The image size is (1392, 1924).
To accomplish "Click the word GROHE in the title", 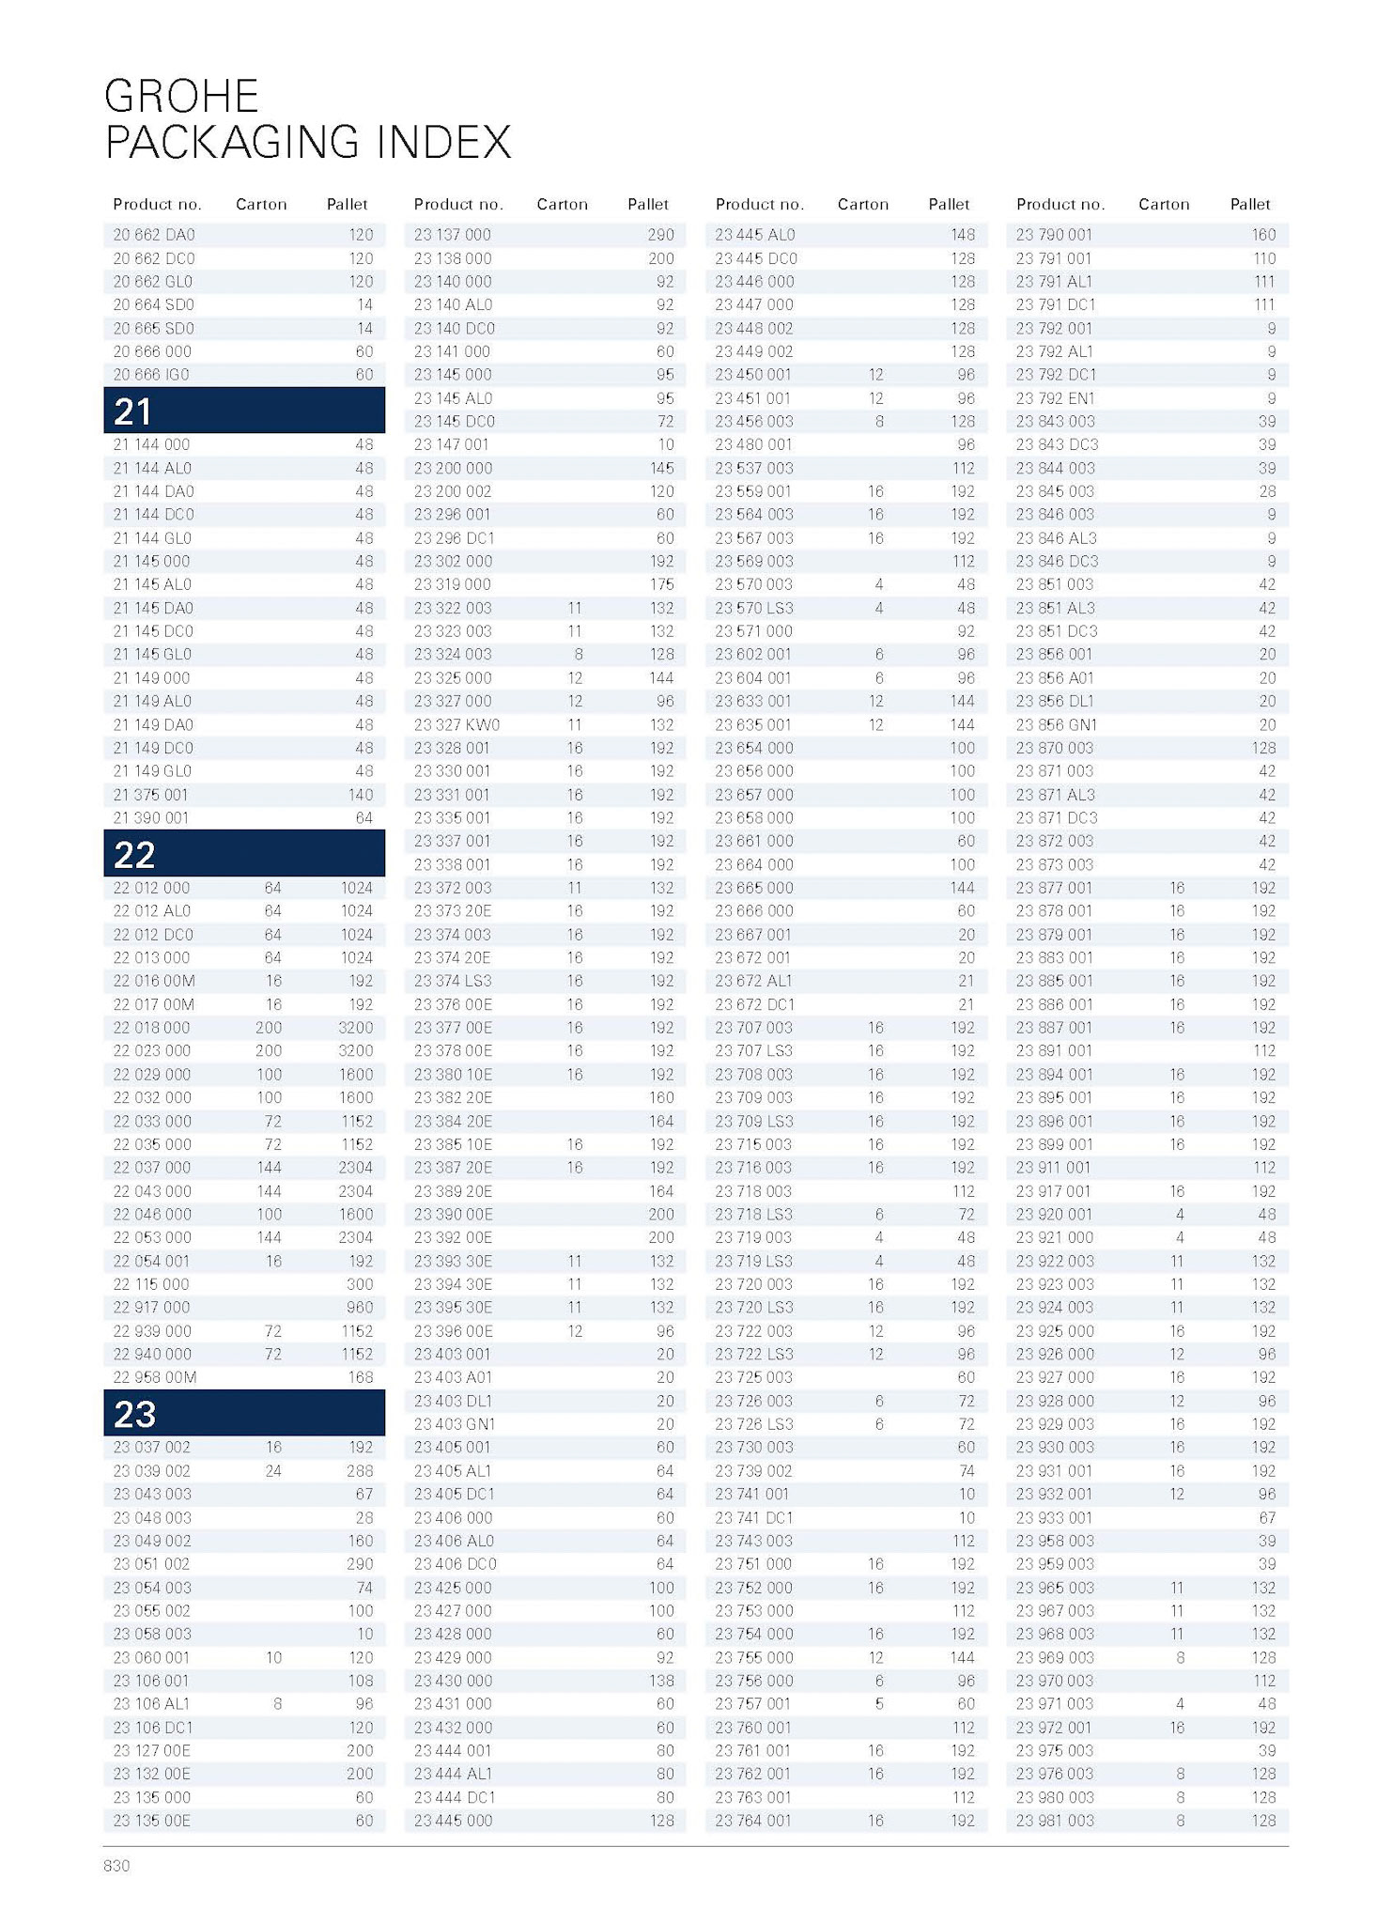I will pyautogui.click(x=181, y=96).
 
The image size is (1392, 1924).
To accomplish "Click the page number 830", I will pyautogui.click(x=116, y=1866).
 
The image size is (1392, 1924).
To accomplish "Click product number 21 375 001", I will pyautogui.click(x=150, y=794).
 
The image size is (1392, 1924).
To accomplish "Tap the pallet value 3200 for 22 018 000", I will pyautogui.click(x=355, y=1027).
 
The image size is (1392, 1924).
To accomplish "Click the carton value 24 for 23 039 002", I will pyautogui.click(x=272, y=1470).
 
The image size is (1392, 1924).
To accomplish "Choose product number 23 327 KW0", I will pyautogui.click(x=456, y=724).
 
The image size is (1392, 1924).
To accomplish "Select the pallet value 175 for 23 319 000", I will pyautogui.click(x=661, y=584).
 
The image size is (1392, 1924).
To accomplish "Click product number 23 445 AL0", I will pyautogui.click(x=754, y=235).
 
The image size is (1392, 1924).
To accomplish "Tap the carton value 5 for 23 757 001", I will pyautogui.click(x=879, y=1703).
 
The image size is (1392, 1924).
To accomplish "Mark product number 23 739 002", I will pyautogui.click(x=753, y=1470).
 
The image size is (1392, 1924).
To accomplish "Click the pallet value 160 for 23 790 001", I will pyautogui.click(x=1263, y=235).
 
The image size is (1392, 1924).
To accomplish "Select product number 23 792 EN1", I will pyautogui.click(x=1055, y=398).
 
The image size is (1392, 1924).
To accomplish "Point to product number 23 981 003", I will pyautogui.click(x=1055, y=1820).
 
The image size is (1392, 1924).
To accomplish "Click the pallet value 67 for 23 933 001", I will pyautogui.click(x=1267, y=1517).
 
